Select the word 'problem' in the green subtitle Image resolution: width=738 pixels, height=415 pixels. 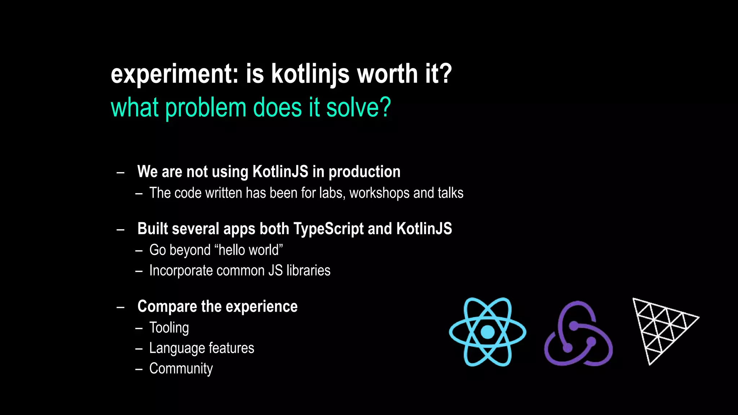(205, 108)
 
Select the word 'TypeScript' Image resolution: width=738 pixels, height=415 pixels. (328, 229)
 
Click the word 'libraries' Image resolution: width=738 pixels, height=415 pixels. (308, 271)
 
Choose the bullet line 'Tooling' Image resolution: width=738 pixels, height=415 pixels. (169, 328)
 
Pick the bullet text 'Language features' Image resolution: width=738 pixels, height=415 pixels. (201, 348)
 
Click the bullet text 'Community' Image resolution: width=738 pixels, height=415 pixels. (181, 369)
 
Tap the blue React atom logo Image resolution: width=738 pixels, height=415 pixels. (487, 332)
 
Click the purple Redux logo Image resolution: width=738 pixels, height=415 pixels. (578, 334)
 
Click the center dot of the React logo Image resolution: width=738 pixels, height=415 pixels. (487, 332)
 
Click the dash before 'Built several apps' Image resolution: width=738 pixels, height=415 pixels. (121, 230)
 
